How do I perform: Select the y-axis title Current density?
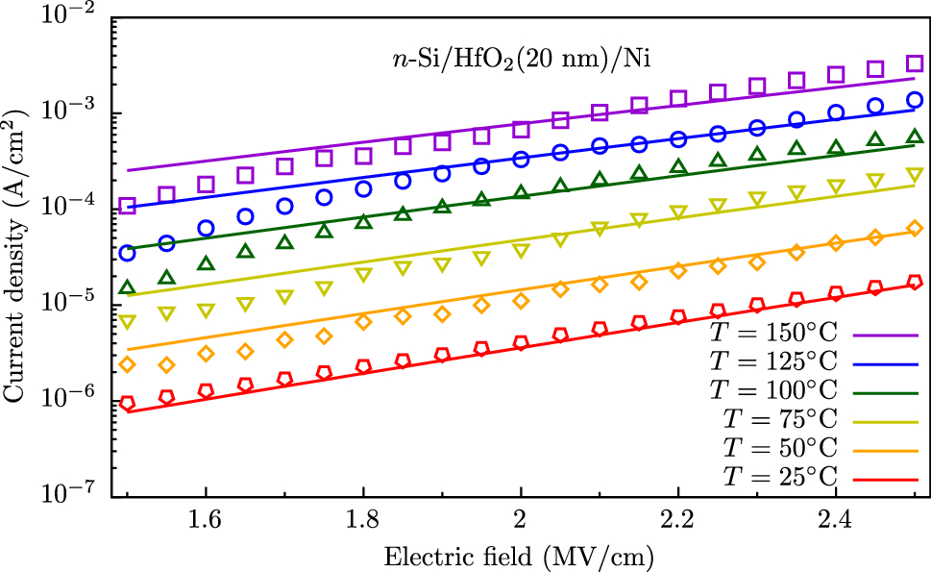point(16,255)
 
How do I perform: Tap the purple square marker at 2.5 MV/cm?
point(914,63)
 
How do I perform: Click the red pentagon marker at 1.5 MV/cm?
point(127,404)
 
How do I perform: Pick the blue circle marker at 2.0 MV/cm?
point(521,159)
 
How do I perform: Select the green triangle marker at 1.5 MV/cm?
point(127,286)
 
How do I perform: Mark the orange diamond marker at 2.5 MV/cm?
point(914,229)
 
